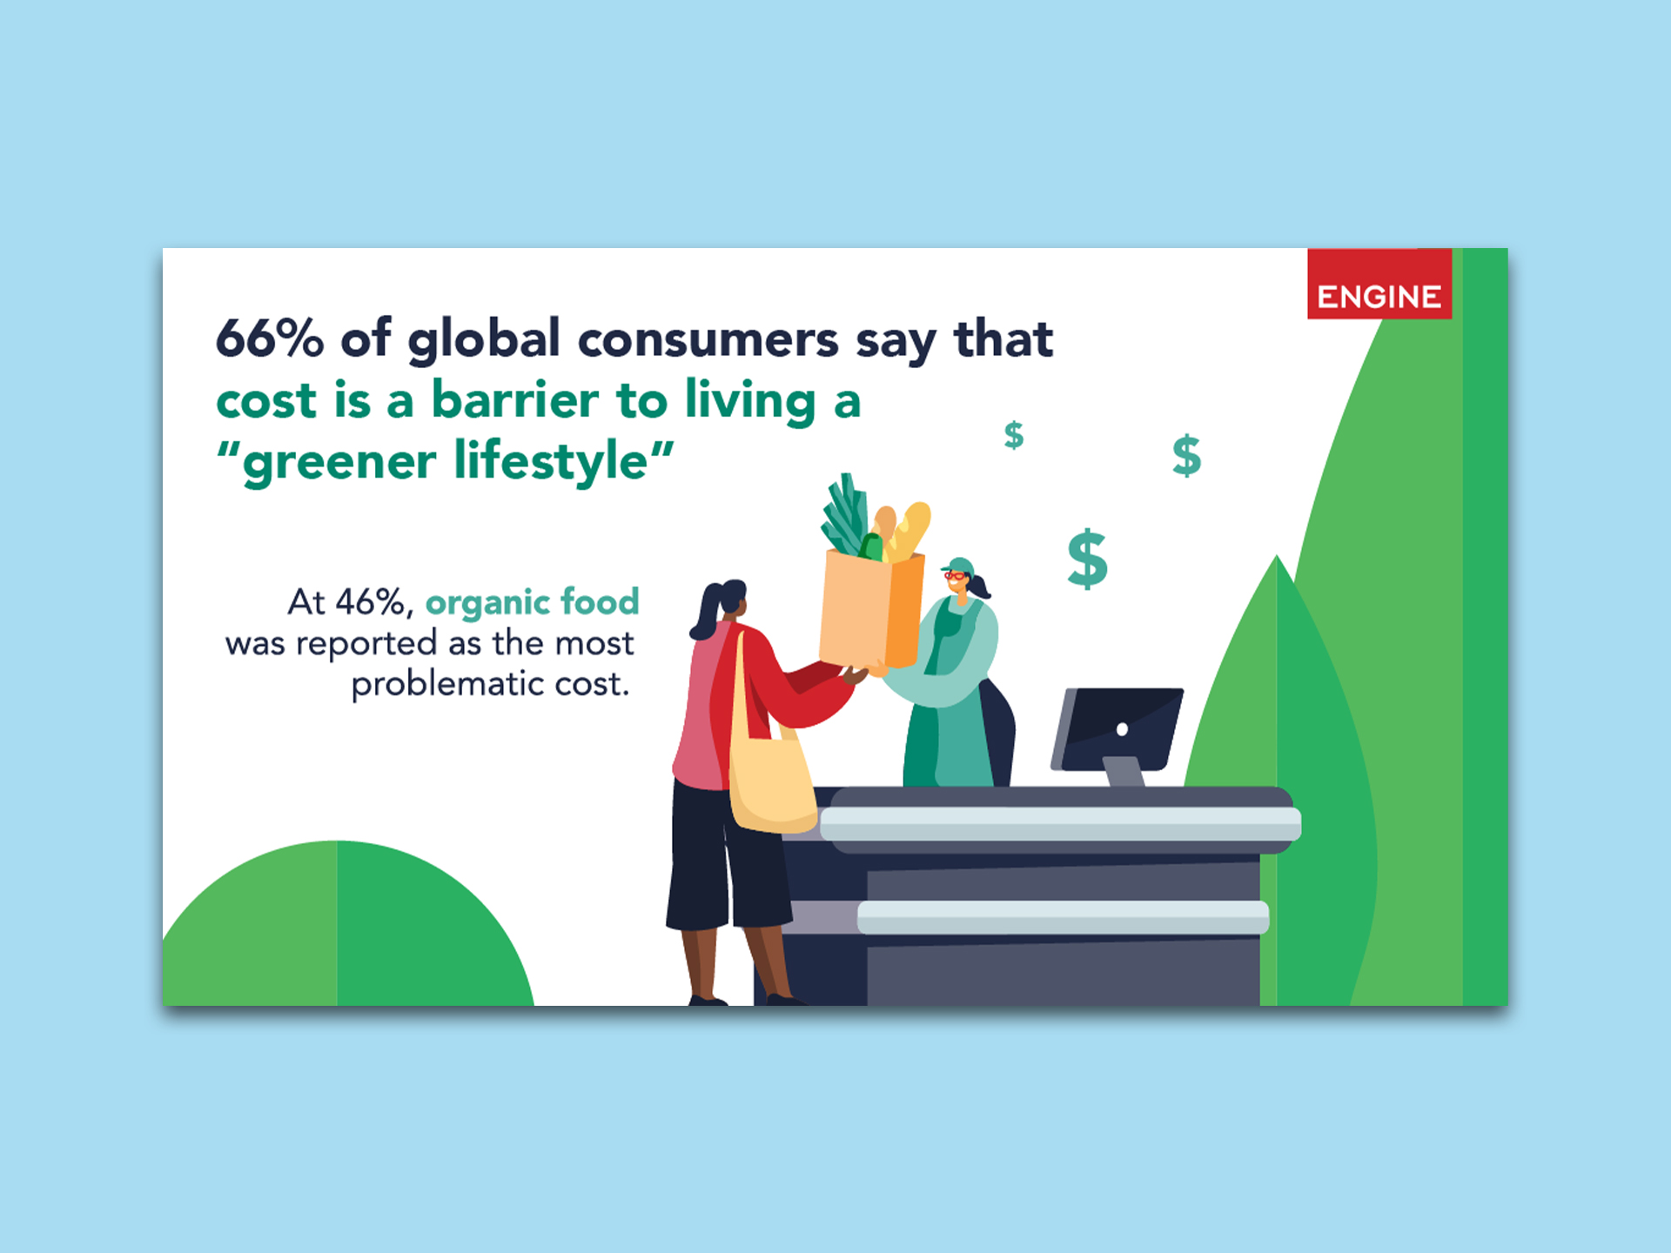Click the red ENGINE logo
1379,284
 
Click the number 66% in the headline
270,338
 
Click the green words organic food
532,602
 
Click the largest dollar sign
1088,559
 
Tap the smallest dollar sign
1014,434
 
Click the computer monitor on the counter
1117,734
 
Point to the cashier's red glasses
955,575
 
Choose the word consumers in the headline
708,339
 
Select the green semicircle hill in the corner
348,923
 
